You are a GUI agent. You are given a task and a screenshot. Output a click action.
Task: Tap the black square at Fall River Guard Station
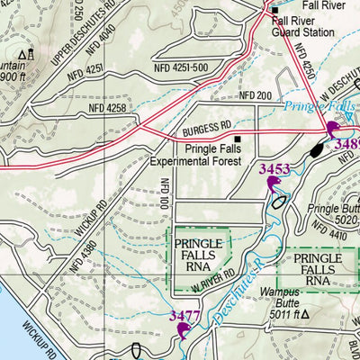pyautogui.click(x=274, y=10)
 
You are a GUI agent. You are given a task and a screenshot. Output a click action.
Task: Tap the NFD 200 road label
pyautogui.click(x=256, y=95)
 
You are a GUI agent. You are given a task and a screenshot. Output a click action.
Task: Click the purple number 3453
pyautogui.click(x=274, y=168)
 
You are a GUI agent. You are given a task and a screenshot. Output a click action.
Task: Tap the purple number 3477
pyautogui.click(x=184, y=316)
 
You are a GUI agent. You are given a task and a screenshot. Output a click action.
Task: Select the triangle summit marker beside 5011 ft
pyautogui.click(x=305, y=316)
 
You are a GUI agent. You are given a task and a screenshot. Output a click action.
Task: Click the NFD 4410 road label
pyautogui.click(x=337, y=235)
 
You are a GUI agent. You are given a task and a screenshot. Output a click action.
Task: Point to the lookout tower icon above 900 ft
pyautogui.click(x=30, y=55)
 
